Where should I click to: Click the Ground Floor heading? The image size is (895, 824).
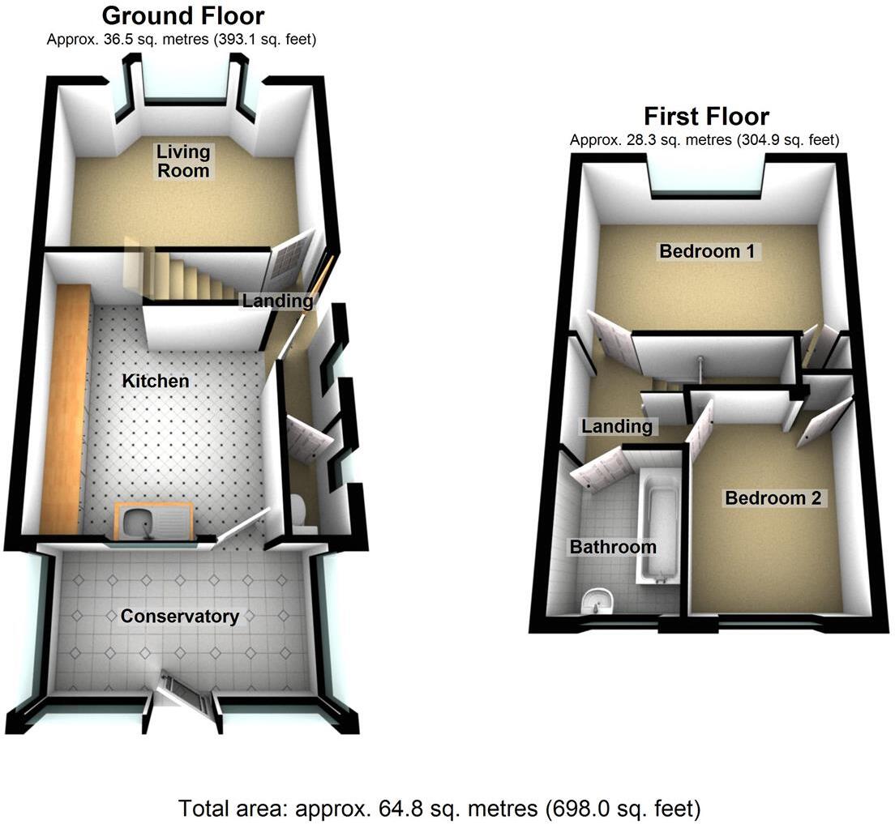(x=183, y=16)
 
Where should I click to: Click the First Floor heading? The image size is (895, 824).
(x=705, y=117)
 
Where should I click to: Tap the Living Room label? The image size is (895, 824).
(x=182, y=161)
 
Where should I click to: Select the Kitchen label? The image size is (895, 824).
(x=155, y=381)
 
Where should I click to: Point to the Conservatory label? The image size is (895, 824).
(x=179, y=617)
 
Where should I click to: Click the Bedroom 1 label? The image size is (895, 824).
(x=707, y=251)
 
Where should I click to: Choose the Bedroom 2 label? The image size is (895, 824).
(x=774, y=498)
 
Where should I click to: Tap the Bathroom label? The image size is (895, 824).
(x=612, y=547)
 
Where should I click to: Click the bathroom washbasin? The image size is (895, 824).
(x=597, y=600)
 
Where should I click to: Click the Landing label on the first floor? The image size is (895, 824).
(x=617, y=425)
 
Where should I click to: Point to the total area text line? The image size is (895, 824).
(x=439, y=808)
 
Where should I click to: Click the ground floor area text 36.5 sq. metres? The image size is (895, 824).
(x=182, y=38)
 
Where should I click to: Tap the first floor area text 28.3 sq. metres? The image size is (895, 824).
(x=704, y=139)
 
